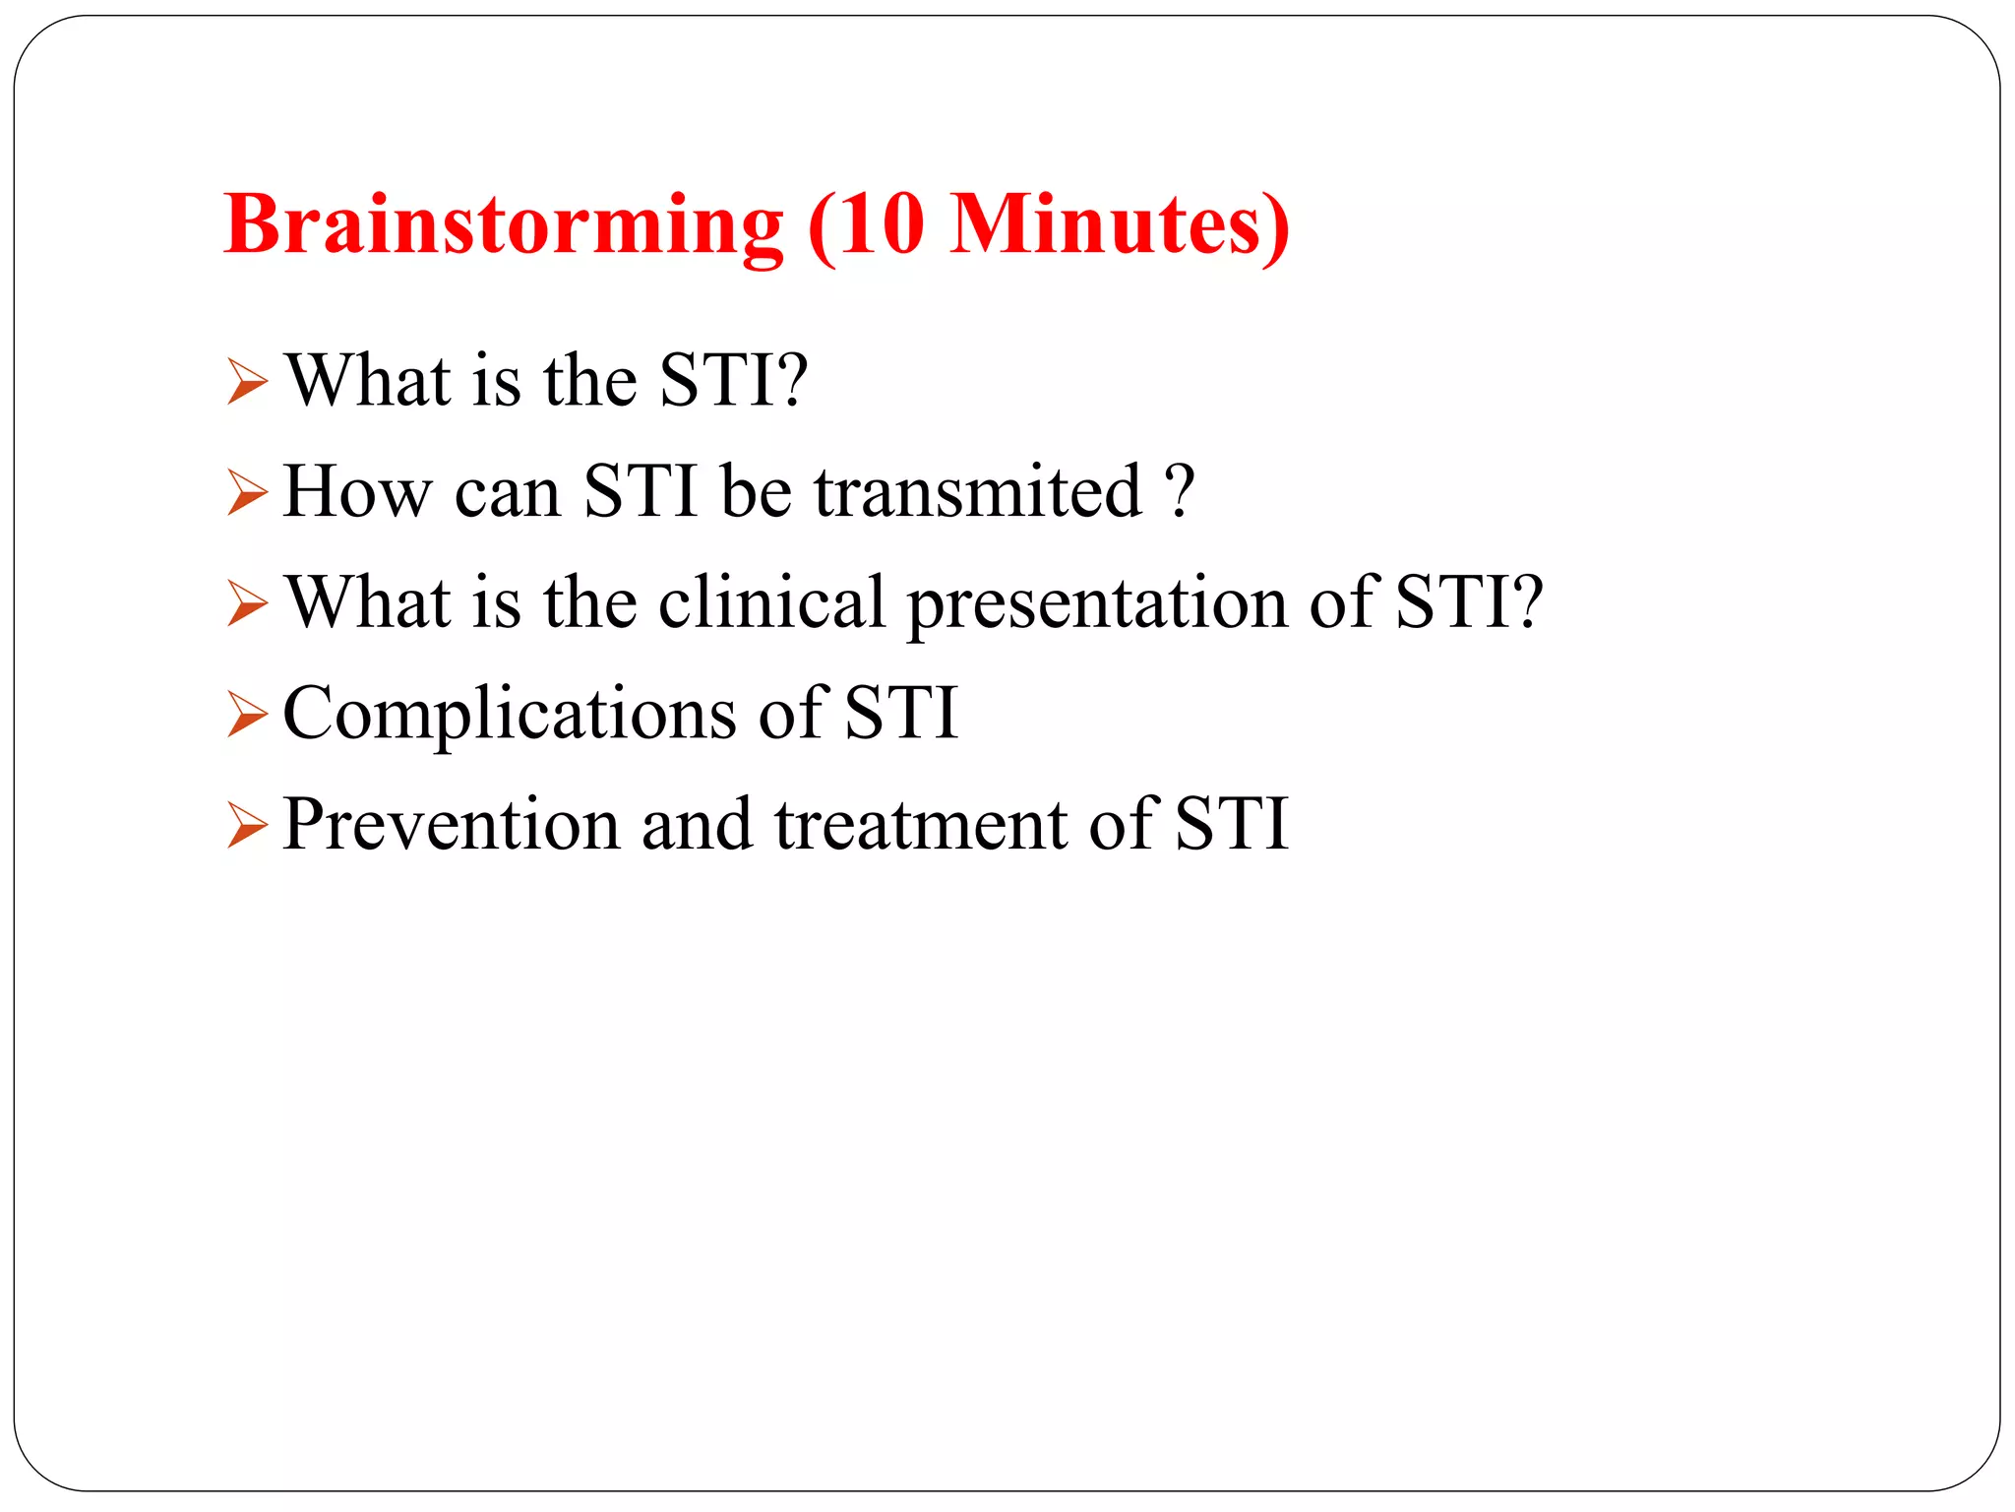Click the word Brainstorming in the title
(x=503, y=225)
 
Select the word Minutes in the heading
(x=1106, y=223)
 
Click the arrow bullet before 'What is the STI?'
(x=246, y=382)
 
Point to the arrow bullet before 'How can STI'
(x=246, y=492)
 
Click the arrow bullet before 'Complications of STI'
(x=246, y=714)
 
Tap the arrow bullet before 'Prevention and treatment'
(x=246, y=825)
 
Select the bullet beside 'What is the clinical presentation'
(x=246, y=603)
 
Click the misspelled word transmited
(x=977, y=491)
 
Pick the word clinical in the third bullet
(x=771, y=601)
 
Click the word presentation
(x=1096, y=603)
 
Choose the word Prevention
(x=451, y=824)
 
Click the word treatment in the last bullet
(x=920, y=824)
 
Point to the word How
(x=357, y=491)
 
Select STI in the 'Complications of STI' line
(x=900, y=713)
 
